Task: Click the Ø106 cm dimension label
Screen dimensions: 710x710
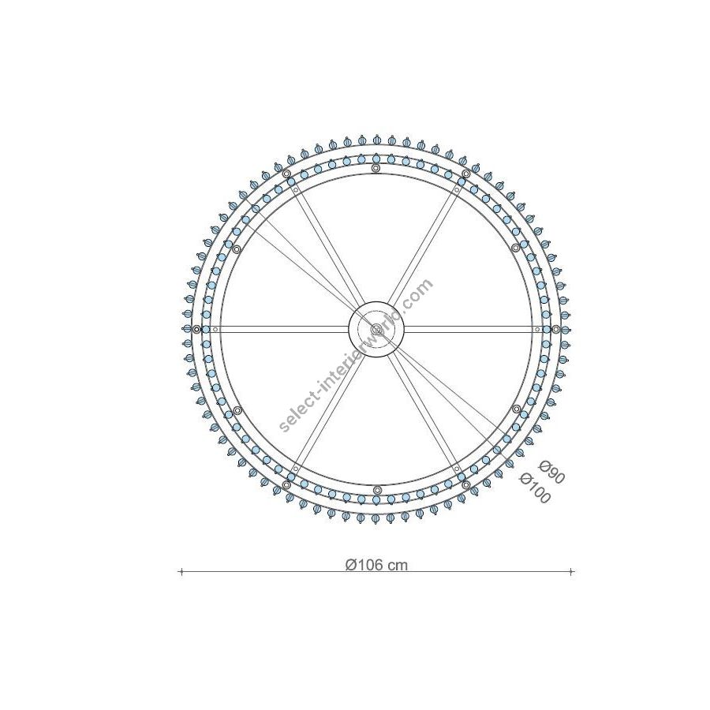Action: (x=376, y=565)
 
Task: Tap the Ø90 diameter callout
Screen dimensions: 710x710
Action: (x=551, y=472)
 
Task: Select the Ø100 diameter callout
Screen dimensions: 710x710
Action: (x=536, y=488)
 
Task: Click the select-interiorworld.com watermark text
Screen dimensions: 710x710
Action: (x=356, y=356)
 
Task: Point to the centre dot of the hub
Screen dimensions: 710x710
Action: (x=376, y=329)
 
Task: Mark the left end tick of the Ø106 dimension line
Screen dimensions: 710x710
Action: (x=181, y=572)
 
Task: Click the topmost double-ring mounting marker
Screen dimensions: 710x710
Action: (x=376, y=169)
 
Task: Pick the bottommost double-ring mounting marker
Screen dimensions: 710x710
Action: (x=376, y=490)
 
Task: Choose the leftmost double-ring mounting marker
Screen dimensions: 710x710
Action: (x=196, y=329)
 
